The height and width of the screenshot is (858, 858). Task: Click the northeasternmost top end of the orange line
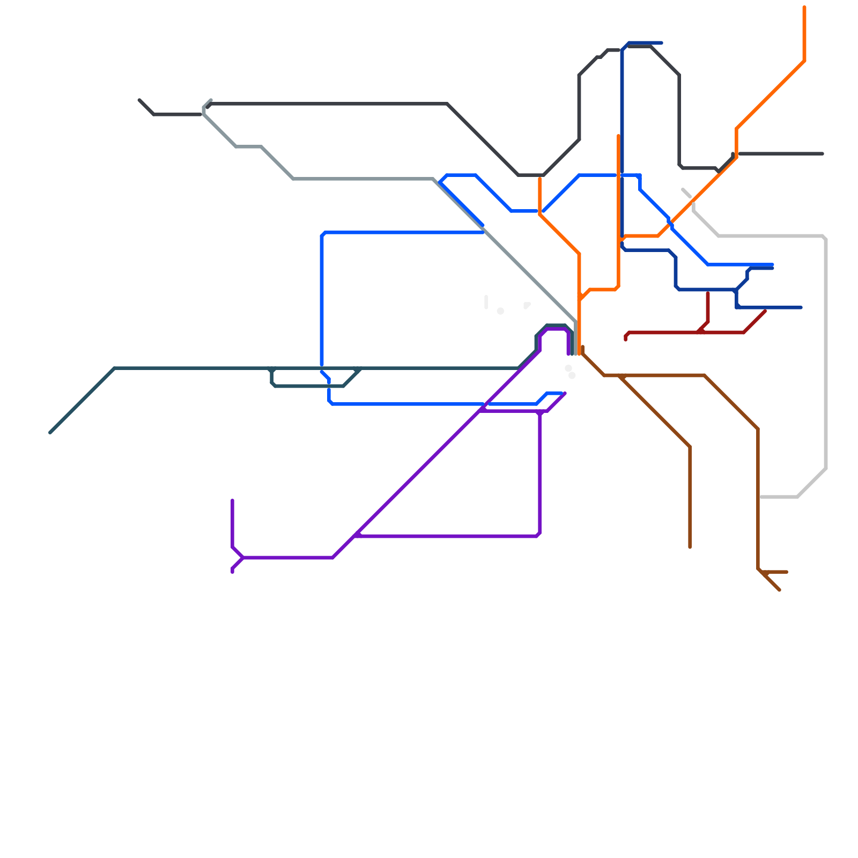click(804, 8)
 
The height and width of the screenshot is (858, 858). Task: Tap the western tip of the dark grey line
click(139, 100)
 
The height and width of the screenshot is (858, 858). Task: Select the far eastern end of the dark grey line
click(823, 154)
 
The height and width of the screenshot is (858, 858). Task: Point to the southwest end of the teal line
click(50, 432)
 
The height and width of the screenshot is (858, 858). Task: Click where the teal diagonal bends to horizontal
click(115, 368)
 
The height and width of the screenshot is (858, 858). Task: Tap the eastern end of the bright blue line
click(772, 264)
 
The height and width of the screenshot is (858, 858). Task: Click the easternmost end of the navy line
click(801, 307)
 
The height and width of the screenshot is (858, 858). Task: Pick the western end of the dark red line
click(626, 339)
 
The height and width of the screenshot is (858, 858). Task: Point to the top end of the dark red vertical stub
click(708, 293)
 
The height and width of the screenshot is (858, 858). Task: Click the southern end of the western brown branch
click(690, 547)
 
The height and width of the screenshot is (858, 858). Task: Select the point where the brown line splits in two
click(620, 376)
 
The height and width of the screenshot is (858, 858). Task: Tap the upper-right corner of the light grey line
click(825, 237)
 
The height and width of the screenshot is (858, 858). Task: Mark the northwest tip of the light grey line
click(683, 189)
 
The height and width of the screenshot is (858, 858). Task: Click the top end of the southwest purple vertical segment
click(233, 500)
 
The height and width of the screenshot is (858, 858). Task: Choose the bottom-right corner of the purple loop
click(538, 535)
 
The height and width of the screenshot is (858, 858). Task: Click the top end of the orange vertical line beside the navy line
click(618, 136)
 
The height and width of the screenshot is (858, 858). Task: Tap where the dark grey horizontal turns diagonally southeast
click(448, 103)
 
